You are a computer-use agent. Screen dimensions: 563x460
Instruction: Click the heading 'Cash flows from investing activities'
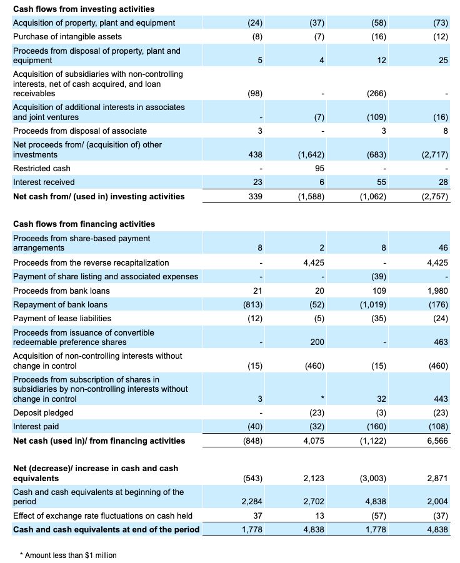coord(84,9)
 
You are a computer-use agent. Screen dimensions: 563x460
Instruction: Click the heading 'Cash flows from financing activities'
coord(84,224)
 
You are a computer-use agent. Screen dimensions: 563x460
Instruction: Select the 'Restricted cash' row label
coord(42,168)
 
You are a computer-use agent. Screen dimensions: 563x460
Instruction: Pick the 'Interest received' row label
coord(44,182)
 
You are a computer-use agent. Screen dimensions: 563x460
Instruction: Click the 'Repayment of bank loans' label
coord(60,304)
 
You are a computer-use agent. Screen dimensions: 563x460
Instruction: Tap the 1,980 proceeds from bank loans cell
coord(436,291)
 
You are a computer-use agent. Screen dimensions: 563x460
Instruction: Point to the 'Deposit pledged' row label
coord(43,412)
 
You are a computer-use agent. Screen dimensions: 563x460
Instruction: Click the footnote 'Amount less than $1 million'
coord(71,555)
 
